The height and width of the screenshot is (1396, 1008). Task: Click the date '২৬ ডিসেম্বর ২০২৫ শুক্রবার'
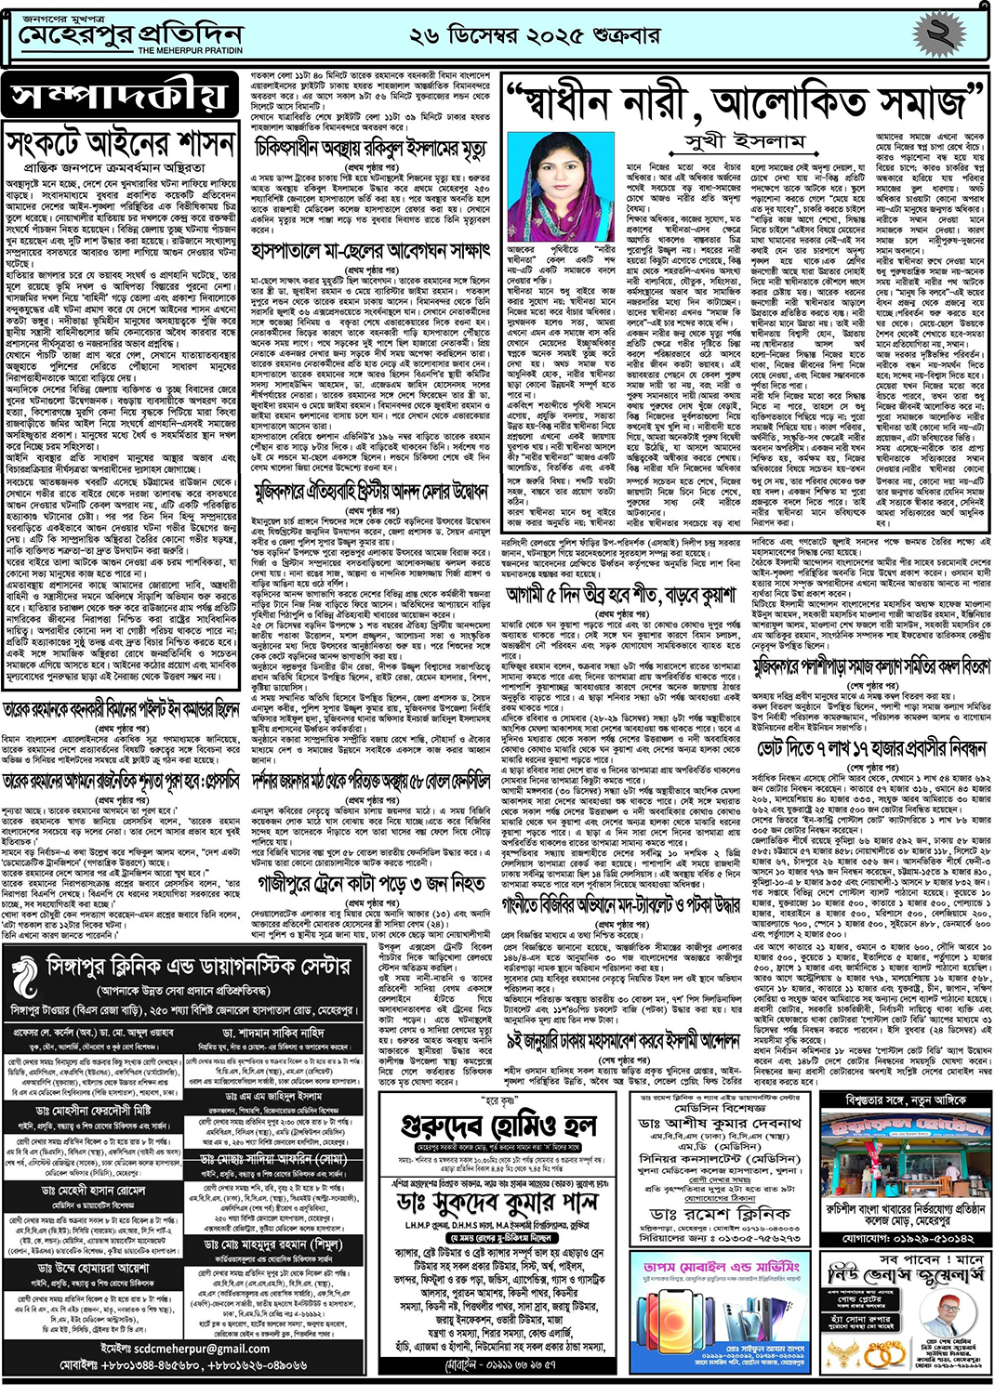(x=535, y=36)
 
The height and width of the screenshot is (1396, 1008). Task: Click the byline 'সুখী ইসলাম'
(x=744, y=141)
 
